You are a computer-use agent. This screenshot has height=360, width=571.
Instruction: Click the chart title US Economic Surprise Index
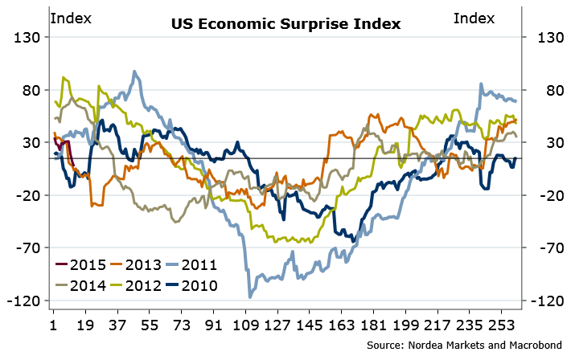click(x=285, y=23)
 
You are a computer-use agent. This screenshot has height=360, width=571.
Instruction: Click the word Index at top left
click(x=71, y=18)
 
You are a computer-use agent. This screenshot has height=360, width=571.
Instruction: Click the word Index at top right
click(x=474, y=18)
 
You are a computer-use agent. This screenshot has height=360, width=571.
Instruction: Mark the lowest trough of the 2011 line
click(x=249, y=297)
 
